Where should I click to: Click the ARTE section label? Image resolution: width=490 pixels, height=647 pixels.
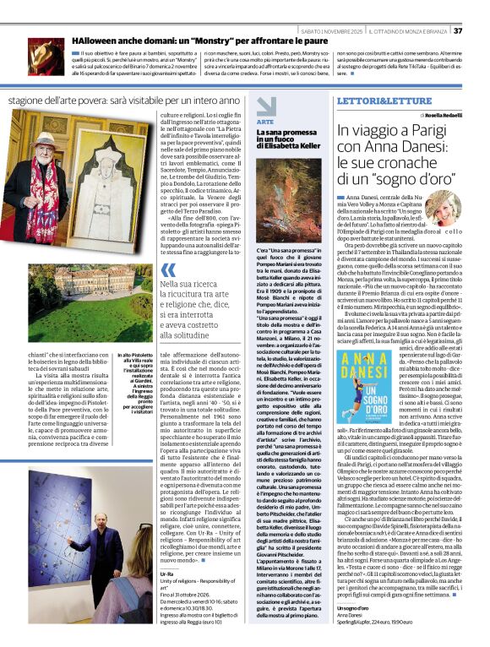(264, 122)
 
